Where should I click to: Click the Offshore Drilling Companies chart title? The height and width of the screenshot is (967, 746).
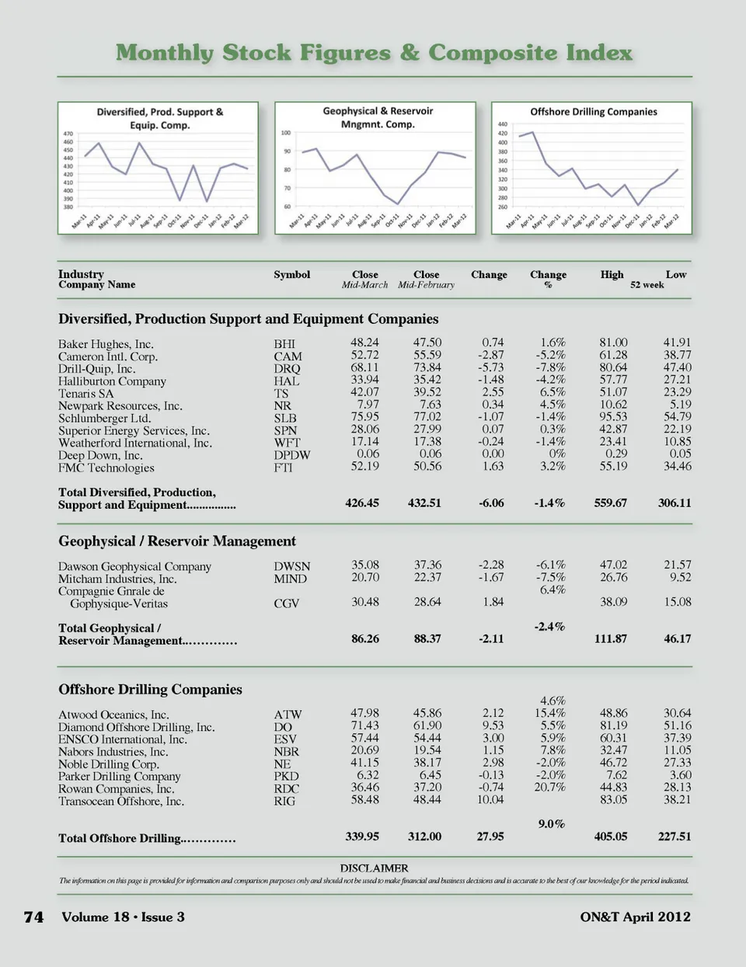pos(594,112)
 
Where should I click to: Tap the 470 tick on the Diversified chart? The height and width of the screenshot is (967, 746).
pos(68,134)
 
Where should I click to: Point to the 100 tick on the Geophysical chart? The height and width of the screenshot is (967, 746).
pos(286,133)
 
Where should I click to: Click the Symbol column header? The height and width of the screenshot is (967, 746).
pos(291,275)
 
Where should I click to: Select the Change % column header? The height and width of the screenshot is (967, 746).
pos(548,279)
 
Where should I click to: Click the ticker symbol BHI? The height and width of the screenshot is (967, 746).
pos(284,344)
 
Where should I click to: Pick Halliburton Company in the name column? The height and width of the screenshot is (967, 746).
pos(112,381)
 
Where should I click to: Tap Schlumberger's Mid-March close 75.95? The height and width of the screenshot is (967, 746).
pos(364,417)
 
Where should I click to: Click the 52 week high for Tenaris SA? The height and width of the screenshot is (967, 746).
pos(613,392)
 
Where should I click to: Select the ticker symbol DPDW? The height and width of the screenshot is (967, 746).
pos(291,455)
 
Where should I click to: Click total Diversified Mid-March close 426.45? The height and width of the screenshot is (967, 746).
pos(362,503)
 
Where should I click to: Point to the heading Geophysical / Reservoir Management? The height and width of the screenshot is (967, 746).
pos(177,541)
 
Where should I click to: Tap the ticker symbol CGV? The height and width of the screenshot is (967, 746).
pos(286,604)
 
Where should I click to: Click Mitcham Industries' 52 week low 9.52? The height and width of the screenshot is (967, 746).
pos(680,577)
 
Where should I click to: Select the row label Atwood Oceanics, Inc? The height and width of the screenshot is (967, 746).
pos(113,715)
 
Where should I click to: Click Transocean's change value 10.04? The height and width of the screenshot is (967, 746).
pos(490,799)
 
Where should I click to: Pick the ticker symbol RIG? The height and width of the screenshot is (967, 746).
pos(284,801)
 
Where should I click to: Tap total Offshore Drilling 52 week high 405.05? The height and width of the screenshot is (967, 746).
pos(610,837)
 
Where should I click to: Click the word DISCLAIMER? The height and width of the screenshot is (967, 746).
pos(374,868)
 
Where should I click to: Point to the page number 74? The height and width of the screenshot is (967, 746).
pos(33,917)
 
